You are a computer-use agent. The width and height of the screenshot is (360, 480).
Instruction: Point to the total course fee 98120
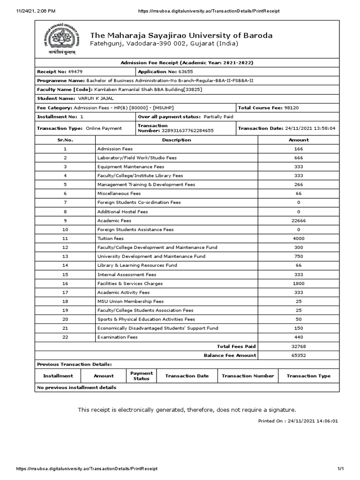(291, 107)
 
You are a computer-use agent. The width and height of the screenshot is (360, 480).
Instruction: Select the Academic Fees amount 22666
(299, 220)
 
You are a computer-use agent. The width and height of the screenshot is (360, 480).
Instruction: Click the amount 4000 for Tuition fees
(299, 238)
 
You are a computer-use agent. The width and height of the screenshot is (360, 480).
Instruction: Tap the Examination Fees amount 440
(299, 337)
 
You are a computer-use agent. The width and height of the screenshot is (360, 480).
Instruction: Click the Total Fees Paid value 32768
(299, 346)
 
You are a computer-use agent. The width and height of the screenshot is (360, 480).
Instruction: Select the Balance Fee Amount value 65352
(299, 355)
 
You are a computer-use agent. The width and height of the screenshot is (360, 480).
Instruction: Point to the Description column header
(176, 140)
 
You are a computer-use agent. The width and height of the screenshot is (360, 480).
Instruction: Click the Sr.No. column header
(65, 140)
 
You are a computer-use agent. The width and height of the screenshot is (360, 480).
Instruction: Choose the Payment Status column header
(141, 375)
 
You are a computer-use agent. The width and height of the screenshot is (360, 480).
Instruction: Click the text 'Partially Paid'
(218, 116)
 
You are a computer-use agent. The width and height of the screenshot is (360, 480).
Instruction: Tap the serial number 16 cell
(65, 283)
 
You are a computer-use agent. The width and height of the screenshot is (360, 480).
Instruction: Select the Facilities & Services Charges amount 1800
(299, 283)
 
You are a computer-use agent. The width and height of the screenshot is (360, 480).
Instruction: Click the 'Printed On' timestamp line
(298, 421)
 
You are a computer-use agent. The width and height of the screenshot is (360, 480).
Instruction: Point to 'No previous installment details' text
(76, 388)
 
